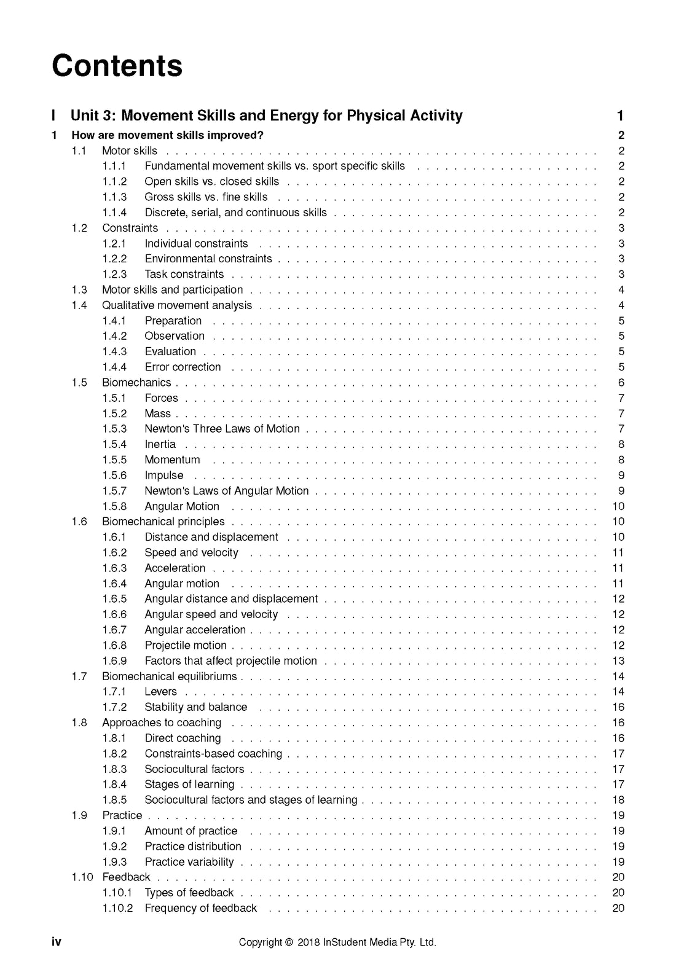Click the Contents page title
coord(117,66)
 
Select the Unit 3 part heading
coord(266,116)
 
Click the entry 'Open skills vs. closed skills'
coord(211,181)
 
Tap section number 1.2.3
coord(114,274)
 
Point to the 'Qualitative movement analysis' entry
coord(177,305)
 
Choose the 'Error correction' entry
coord(183,367)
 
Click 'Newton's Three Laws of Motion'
coord(222,429)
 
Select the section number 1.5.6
coord(114,475)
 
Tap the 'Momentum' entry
coord(172,460)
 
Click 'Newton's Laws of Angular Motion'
coord(226,490)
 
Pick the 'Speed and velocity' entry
coord(191,552)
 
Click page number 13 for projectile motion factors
coord(618,660)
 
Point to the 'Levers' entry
coord(160,691)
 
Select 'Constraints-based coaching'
coord(213,753)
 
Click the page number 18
coord(618,799)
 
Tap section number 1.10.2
coord(117,908)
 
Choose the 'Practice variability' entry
coord(189,861)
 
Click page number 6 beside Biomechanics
coord(621,382)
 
